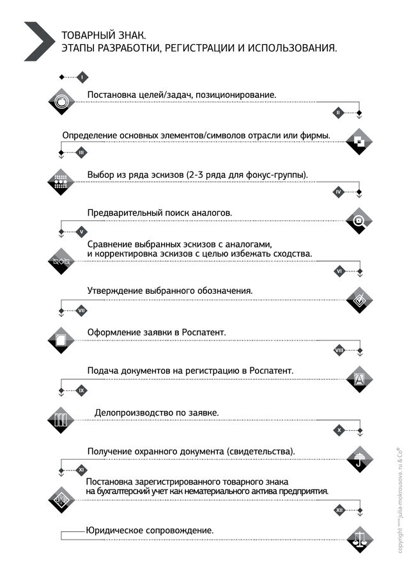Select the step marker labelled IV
[339, 192]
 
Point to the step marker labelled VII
[81, 311]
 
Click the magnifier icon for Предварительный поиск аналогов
[359, 221]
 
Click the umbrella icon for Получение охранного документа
[359, 458]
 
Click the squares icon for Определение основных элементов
[359, 142]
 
